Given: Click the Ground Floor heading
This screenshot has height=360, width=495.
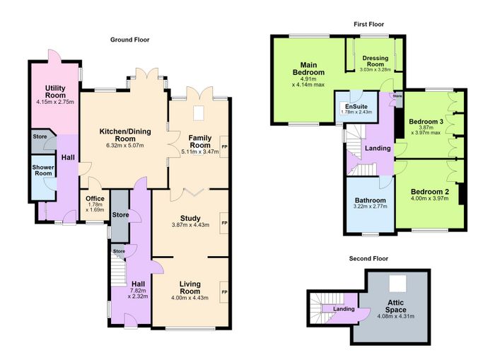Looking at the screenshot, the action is [x=129, y=40].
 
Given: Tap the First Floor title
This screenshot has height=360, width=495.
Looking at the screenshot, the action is [x=368, y=24].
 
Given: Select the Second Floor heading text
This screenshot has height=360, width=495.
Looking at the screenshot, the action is [x=368, y=259].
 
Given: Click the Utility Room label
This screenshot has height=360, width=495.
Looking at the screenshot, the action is [x=55, y=91].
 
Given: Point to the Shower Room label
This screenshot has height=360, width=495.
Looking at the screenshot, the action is [x=43, y=170].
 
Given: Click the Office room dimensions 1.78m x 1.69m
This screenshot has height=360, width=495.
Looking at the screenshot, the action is [x=95, y=207].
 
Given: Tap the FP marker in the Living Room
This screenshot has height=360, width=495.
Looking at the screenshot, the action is [x=224, y=292].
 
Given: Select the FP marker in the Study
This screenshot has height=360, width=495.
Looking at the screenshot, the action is [x=224, y=223].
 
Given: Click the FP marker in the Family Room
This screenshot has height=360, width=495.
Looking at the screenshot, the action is [x=224, y=147].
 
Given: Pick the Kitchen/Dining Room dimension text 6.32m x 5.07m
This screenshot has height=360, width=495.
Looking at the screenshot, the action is [x=125, y=146].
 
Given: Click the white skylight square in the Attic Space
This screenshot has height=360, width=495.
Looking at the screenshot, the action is [x=397, y=284].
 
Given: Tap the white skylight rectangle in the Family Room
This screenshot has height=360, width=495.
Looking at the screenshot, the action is [x=198, y=113].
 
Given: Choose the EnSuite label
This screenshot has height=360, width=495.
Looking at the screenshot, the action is [x=356, y=106].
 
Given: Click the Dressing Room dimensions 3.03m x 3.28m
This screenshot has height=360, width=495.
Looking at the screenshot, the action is [x=375, y=69].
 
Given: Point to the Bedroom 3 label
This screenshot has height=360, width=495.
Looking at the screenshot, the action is [x=426, y=122].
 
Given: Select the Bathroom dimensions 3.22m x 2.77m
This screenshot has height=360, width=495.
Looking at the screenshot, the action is [x=371, y=207].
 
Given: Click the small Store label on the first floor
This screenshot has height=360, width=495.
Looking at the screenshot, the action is [x=397, y=95].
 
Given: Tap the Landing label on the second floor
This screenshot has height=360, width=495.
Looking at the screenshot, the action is [x=344, y=309].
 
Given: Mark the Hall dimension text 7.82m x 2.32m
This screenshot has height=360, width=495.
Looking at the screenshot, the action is [x=138, y=294].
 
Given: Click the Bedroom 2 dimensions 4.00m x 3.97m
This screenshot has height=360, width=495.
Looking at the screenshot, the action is [x=430, y=198].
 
